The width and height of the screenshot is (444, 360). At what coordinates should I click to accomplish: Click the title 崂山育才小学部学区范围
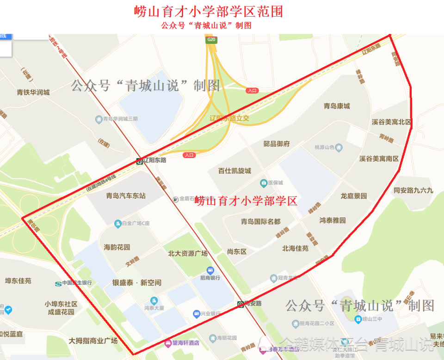pyautogui.click(x=208, y=12)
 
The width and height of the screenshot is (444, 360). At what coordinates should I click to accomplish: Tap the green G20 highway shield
pyautogui.click(x=211, y=40)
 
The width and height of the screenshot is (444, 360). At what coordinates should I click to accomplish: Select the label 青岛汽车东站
pyautogui.click(x=126, y=195)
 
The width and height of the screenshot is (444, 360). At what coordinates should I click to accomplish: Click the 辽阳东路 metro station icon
pyautogui.click(x=139, y=161)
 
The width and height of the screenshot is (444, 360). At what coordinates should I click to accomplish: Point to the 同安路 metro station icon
pyautogui.click(x=240, y=304)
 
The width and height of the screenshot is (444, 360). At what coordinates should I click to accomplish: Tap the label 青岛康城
pyautogui.click(x=337, y=106)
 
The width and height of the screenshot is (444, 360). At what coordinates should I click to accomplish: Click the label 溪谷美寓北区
pyautogui.click(x=391, y=122)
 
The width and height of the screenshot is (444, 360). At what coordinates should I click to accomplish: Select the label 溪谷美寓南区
pyautogui.click(x=379, y=159)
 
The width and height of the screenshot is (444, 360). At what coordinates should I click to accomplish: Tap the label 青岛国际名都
pyautogui.click(x=260, y=221)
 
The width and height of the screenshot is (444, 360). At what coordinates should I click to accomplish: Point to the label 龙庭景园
pyautogui.click(x=353, y=195)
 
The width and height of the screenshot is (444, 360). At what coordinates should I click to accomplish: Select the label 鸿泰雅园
pyautogui.click(x=332, y=220)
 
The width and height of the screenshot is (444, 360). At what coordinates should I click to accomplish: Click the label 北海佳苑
pyautogui.click(x=295, y=248)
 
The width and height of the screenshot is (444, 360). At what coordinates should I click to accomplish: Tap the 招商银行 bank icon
pyautogui.click(x=210, y=270)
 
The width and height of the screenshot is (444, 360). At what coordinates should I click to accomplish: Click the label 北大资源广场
pyautogui.click(x=187, y=253)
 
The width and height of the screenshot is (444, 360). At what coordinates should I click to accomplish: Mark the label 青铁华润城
pyautogui.click(x=33, y=92)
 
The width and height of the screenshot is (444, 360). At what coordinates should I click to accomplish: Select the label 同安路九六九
pyautogui.click(x=413, y=190)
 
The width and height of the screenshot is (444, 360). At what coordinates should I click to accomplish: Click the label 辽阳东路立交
pyautogui.click(x=229, y=118)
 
